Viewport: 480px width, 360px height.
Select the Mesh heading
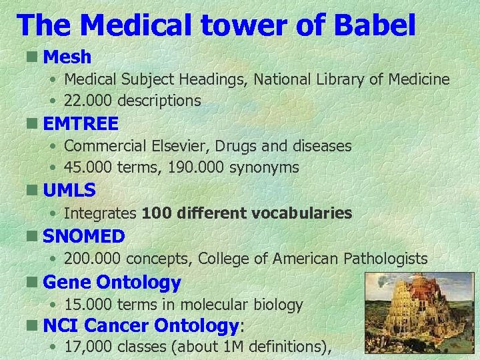point(67,57)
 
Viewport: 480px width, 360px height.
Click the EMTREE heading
point(81,123)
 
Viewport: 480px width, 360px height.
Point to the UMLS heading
point(69,190)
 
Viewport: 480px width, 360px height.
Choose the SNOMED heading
point(84,236)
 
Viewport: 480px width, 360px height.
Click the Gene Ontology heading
point(112,283)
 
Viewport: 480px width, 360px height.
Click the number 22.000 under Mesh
point(86,101)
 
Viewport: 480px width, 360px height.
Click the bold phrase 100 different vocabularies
point(247,213)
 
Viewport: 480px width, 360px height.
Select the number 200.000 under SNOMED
point(90,259)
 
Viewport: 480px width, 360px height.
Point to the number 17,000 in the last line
point(89,347)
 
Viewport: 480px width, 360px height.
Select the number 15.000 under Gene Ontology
point(86,305)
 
